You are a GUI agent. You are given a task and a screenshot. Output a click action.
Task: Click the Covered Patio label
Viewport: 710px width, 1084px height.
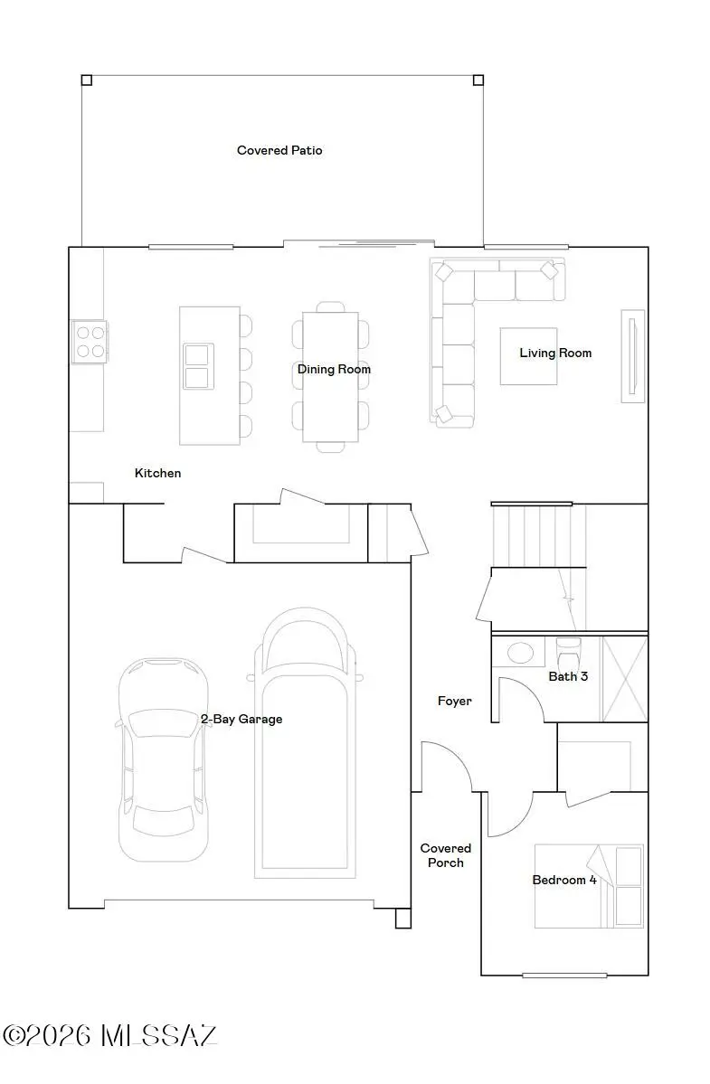click(x=279, y=150)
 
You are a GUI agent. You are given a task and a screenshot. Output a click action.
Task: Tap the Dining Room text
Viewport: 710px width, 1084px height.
click(x=334, y=369)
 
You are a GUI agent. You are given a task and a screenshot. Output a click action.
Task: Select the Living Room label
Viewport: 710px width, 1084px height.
click(x=555, y=353)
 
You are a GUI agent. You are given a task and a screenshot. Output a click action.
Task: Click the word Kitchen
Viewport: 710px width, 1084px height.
click(x=158, y=473)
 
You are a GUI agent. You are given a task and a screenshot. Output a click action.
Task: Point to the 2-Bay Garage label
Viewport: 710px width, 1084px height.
click(x=241, y=719)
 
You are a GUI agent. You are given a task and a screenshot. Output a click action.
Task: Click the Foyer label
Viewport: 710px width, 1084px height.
click(x=454, y=701)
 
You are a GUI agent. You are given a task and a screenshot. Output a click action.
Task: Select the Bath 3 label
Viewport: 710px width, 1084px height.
click(x=568, y=675)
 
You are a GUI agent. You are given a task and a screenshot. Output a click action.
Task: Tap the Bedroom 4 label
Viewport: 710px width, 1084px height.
click(x=564, y=880)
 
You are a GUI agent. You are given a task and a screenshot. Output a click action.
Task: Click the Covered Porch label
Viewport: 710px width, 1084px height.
click(x=446, y=855)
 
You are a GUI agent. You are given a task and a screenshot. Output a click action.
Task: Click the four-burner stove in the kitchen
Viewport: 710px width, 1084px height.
click(x=89, y=341)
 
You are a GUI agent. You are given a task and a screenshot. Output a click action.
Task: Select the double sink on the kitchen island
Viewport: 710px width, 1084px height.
click(x=196, y=365)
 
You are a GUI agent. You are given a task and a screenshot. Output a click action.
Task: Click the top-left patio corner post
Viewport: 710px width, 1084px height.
click(x=87, y=80)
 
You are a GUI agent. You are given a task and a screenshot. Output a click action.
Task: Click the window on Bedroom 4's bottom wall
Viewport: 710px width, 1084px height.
click(x=564, y=975)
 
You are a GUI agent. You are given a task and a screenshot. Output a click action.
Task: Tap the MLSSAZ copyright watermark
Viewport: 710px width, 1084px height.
click(x=109, y=1035)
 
